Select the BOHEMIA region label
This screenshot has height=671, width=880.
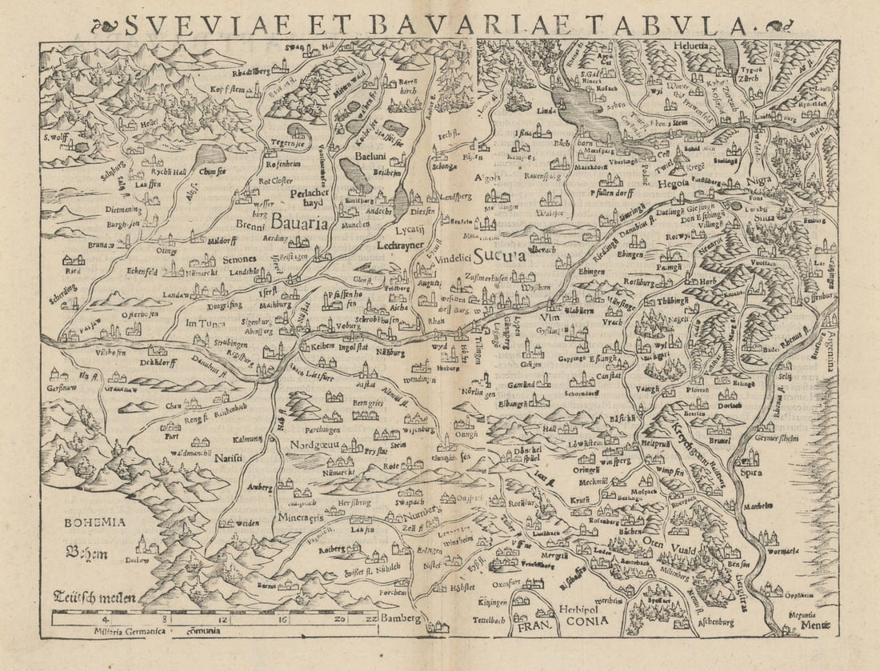95,522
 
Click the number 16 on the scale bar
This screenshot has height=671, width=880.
282,618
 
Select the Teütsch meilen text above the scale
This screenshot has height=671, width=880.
95,596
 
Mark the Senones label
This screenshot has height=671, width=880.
234,259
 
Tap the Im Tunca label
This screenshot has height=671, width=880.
204,323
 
